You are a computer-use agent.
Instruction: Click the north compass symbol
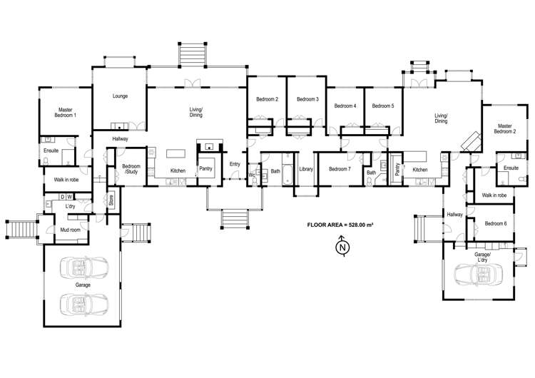(342, 247)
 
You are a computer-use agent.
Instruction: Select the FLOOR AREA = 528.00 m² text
(340, 225)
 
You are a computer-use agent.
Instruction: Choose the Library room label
(307, 169)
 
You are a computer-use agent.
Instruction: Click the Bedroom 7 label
(340, 169)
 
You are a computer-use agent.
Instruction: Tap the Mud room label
(69, 230)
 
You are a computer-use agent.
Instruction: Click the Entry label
(235, 164)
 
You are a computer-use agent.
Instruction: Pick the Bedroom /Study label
(131, 169)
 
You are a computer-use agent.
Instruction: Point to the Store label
(111, 200)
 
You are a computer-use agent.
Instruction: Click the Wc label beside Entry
(252, 174)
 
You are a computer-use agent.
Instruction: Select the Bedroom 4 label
(345, 106)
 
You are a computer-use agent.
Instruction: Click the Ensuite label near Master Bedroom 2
(510, 168)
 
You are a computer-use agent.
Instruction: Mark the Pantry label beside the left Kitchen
(206, 169)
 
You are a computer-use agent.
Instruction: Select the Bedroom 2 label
(267, 99)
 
